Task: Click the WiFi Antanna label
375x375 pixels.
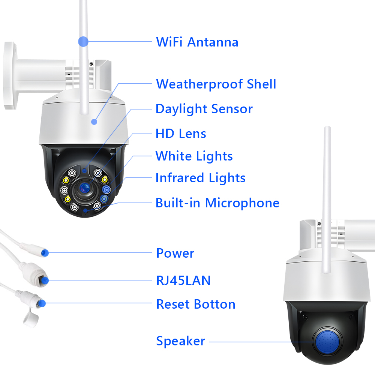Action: tap(197, 42)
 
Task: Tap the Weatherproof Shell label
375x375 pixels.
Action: tap(216, 84)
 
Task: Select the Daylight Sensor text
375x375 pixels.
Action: tap(204, 109)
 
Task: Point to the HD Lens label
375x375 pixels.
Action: tap(181, 133)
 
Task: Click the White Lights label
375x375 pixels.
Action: tap(194, 156)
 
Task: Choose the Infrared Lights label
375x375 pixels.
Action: tap(200, 178)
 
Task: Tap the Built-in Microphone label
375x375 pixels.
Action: tap(217, 203)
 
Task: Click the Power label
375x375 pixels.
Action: tap(175, 253)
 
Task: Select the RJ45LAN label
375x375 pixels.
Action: tap(183, 280)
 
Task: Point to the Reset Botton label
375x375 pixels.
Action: tap(196, 304)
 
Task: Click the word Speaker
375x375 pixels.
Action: tap(181, 341)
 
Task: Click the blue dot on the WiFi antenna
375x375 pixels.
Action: tap(83, 42)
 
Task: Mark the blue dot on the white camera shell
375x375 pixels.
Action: tap(94, 122)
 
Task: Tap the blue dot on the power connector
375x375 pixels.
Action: tap(45, 253)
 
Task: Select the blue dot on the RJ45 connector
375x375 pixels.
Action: tap(45, 280)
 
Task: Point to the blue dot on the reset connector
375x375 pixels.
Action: tap(42, 303)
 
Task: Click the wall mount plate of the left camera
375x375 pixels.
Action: tap(10, 76)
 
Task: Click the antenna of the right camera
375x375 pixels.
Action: tap(327, 200)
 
